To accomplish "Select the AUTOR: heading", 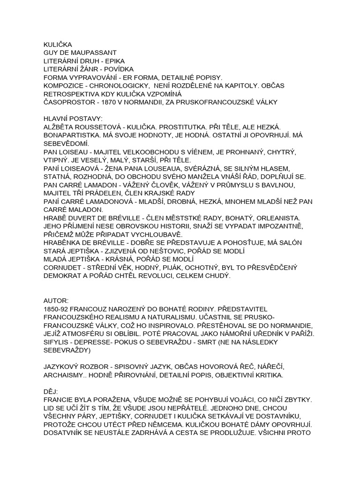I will pos(56,300).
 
